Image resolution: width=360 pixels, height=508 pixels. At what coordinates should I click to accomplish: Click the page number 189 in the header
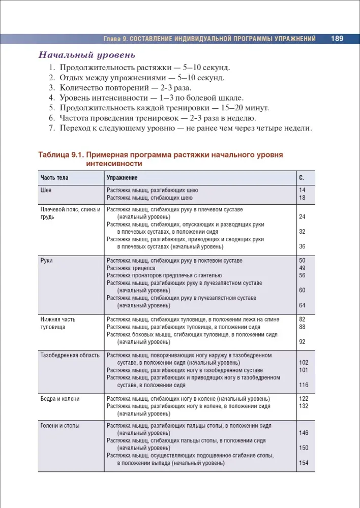(x=338, y=39)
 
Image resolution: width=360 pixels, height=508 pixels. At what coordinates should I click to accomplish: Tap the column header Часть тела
(x=54, y=178)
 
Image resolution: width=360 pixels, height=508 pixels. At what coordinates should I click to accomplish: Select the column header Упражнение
(x=122, y=178)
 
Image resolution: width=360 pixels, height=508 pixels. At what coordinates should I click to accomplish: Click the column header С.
(x=301, y=178)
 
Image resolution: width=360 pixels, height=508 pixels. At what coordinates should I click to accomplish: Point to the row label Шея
(x=46, y=190)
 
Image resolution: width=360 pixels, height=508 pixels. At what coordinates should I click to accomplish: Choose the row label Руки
(x=47, y=261)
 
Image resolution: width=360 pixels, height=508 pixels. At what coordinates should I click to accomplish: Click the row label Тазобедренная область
(x=70, y=355)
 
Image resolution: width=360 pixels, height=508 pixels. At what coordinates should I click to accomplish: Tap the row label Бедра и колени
(x=60, y=399)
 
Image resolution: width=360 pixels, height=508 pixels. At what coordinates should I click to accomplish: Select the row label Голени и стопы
(x=60, y=426)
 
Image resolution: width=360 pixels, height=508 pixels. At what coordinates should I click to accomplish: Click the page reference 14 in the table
(x=302, y=190)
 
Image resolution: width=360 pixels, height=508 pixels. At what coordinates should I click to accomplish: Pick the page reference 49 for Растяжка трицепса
(x=302, y=268)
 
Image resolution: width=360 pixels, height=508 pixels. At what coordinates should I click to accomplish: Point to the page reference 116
(x=304, y=385)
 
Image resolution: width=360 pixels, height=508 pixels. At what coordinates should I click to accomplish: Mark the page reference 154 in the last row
(x=304, y=463)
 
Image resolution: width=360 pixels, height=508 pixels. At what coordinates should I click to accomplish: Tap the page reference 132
(x=304, y=406)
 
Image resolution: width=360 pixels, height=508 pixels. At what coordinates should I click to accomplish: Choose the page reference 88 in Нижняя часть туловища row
(x=302, y=327)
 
